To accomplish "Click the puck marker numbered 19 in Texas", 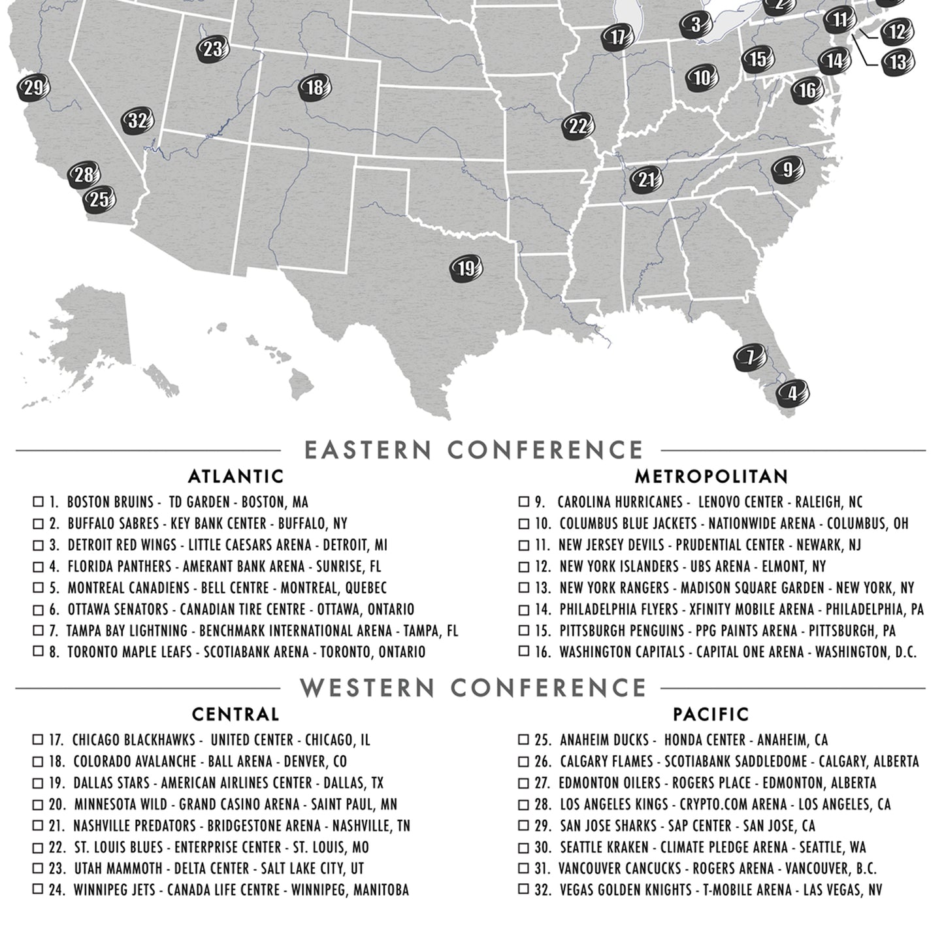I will (466, 269).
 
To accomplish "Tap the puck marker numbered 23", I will (212, 50).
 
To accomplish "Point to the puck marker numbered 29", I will (33, 88).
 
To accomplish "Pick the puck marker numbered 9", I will (787, 170).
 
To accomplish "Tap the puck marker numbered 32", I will (138, 121).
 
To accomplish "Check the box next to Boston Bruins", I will (39, 502).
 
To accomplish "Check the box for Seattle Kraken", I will (523, 847).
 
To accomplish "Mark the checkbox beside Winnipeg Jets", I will (39, 889).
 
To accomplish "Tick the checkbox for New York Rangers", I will (523, 587).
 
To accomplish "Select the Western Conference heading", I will (473, 688).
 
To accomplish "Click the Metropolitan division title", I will (711, 476).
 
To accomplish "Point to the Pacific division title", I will (711, 714).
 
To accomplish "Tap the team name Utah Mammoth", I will (118, 869).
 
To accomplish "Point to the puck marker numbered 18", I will (315, 88).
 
